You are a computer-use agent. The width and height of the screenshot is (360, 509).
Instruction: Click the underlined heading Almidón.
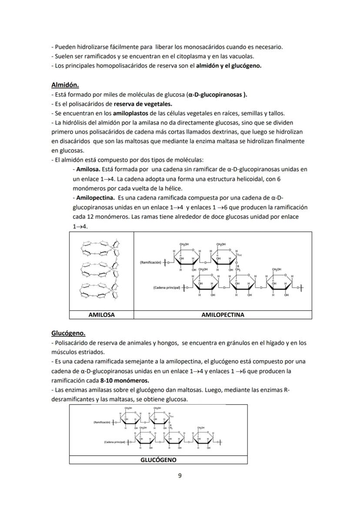coord(65,85)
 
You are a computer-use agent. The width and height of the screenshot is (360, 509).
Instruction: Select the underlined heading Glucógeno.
coord(68,333)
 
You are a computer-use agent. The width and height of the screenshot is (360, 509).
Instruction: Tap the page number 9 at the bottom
coord(180,475)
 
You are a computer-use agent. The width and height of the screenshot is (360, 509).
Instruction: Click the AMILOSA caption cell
coord(101,315)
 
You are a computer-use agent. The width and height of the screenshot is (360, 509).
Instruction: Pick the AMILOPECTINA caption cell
coord(223,315)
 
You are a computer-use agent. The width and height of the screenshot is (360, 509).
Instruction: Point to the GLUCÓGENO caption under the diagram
coord(158,459)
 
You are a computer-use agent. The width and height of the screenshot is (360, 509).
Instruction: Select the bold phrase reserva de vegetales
coord(143,103)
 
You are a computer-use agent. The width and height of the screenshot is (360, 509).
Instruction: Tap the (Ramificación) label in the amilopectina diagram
coord(150,263)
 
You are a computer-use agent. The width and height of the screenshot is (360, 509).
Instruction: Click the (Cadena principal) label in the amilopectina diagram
coord(166,287)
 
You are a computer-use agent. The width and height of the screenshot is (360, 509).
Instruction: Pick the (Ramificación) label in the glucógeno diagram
coord(102,422)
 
